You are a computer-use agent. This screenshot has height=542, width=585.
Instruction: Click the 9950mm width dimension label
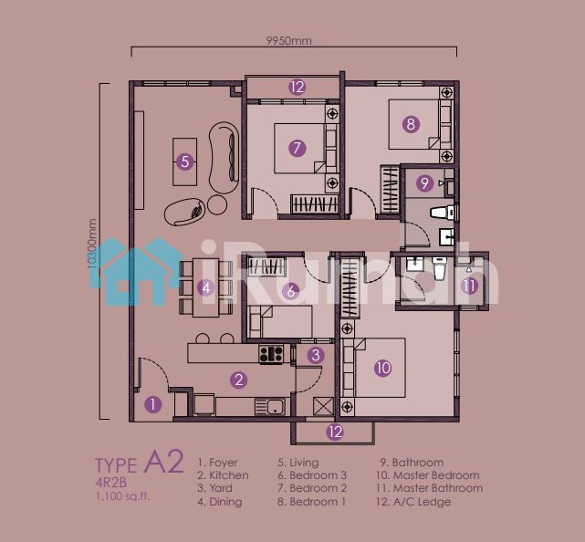pyautogui.click(x=288, y=40)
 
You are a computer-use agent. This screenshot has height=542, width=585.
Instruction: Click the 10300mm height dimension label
pyautogui.click(x=92, y=244)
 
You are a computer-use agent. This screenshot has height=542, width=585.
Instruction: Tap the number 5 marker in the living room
pyautogui.click(x=184, y=162)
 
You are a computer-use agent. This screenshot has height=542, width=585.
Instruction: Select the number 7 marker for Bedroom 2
pyautogui.click(x=298, y=148)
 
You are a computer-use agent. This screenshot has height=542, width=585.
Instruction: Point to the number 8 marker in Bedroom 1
pyautogui.click(x=411, y=123)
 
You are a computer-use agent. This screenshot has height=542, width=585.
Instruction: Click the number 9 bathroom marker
pyautogui.click(x=424, y=182)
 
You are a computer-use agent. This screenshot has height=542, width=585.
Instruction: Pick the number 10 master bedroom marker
pyautogui.click(x=382, y=368)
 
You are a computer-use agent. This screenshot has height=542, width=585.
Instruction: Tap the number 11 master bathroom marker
pyautogui.click(x=469, y=287)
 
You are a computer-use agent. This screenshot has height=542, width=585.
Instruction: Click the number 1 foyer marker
pyautogui.click(x=153, y=404)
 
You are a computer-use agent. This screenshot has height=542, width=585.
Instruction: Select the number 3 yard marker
pyautogui.click(x=316, y=355)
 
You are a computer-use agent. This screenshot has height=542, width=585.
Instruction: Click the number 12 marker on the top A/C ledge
pyautogui.click(x=298, y=88)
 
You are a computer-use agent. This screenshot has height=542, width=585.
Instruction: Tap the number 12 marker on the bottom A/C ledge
pyautogui.click(x=335, y=432)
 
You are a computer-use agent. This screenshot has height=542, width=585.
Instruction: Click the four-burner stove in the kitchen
pyautogui.click(x=271, y=354)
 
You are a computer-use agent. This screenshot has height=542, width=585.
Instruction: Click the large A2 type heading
pyautogui.click(x=163, y=462)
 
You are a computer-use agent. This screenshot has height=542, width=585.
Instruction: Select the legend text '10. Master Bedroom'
pyautogui.click(x=428, y=475)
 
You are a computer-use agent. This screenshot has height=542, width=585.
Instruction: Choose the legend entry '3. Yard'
pyautogui.click(x=214, y=488)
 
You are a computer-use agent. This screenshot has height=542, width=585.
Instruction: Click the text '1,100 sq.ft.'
pyautogui.click(x=122, y=496)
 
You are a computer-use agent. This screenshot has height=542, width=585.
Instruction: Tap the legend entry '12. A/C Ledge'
pyautogui.click(x=413, y=502)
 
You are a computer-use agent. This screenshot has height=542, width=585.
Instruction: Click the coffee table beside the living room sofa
pyautogui.click(x=184, y=162)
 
